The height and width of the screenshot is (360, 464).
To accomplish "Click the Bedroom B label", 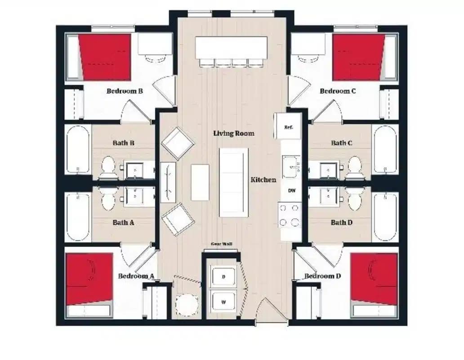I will point(125,91).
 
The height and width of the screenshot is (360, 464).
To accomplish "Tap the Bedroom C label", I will point(338,91).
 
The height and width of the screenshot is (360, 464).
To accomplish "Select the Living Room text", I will point(233,133).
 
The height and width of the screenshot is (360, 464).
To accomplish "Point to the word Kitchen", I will point(263,180).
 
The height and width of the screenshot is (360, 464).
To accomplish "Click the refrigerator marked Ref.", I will point(289,127).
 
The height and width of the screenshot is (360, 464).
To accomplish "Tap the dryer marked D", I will point(223,277).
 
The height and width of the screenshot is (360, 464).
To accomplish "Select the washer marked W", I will point(223,302).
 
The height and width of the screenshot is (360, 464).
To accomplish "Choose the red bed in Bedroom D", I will point(374,279).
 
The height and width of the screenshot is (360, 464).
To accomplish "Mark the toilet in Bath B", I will point(108,166).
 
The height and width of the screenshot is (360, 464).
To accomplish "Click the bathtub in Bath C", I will point(385,149).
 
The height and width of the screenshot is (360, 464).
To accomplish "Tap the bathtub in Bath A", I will point(78,217).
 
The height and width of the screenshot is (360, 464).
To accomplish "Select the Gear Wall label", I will point(222,244).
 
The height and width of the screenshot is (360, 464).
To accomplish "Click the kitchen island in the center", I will point(233,182).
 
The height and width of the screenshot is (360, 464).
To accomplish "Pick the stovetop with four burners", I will point(290,216).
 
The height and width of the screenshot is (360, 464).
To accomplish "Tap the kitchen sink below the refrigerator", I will point(291,165).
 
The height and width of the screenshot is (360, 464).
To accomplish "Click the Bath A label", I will point(124,222).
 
